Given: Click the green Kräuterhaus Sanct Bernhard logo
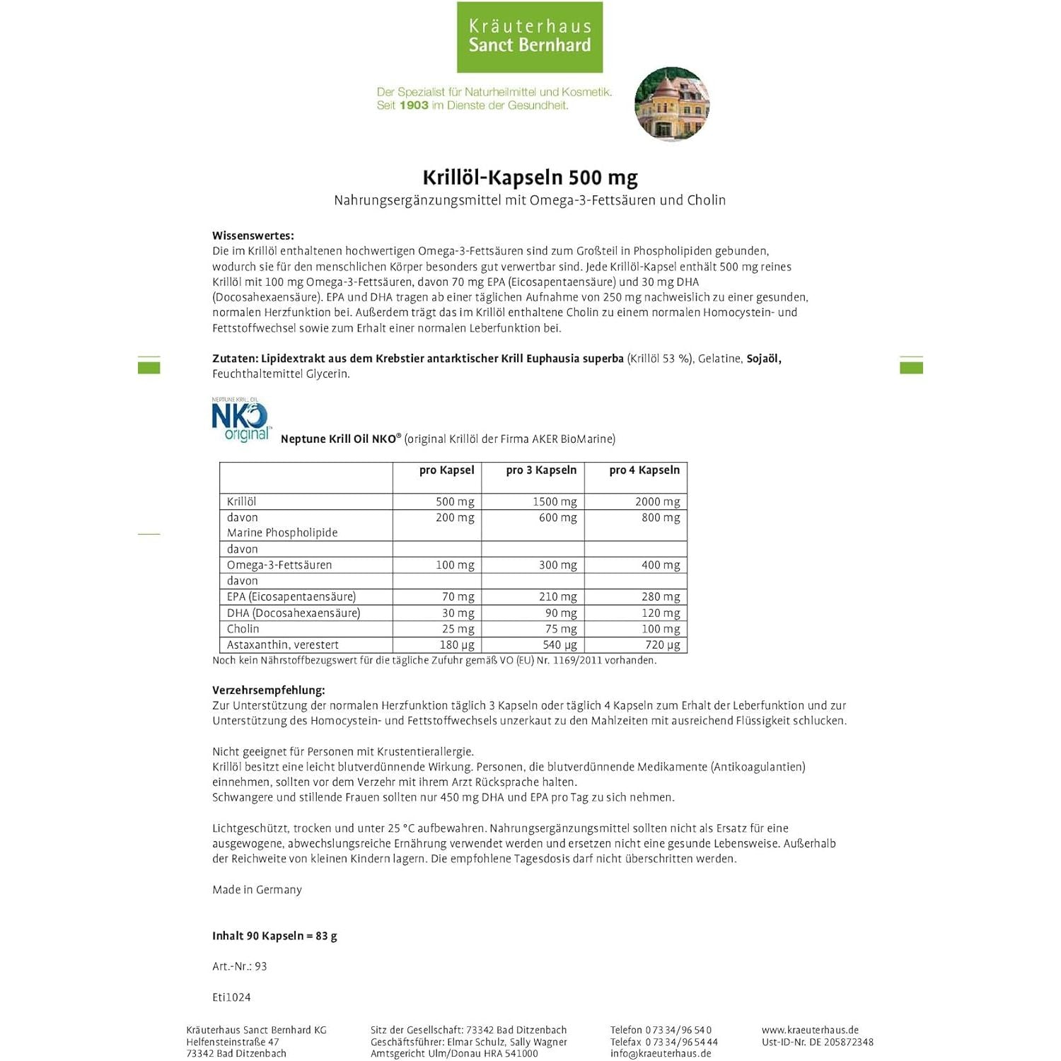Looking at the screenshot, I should pyautogui.click(x=530, y=37).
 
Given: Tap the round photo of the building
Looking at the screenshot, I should pyautogui.click(x=672, y=105).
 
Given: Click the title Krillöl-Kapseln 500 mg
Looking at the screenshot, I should pyautogui.click(x=530, y=177).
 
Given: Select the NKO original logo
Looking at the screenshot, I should pyautogui.click(x=240, y=419).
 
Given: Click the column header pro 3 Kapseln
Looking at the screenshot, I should pyautogui.click(x=541, y=470).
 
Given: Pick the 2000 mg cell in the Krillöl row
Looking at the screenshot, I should pyautogui.click(x=657, y=501).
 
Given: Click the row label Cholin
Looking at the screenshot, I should pyautogui.click(x=243, y=629).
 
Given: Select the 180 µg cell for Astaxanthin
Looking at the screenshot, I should pyautogui.click(x=456, y=645).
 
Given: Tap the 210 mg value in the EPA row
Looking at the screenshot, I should pyautogui.click(x=557, y=597).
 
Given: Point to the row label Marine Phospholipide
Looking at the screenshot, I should pyautogui.click(x=282, y=533).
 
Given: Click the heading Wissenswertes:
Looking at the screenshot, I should pyautogui.click(x=253, y=236).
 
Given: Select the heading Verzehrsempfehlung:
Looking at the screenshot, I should pyautogui.click(x=268, y=690).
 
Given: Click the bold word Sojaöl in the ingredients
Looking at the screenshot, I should pyautogui.click(x=763, y=359).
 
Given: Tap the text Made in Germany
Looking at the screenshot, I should pyautogui.click(x=257, y=890).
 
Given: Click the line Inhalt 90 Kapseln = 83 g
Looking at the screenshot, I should pyautogui.click(x=274, y=936).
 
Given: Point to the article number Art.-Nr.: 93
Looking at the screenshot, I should pyautogui.click(x=239, y=966).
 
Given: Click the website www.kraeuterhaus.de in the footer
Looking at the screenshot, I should pyautogui.click(x=810, y=1030).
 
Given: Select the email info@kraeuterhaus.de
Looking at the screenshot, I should pyautogui.click(x=661, y=1053).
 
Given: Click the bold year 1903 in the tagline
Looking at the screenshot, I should pyautogui.click(x=414, y=105).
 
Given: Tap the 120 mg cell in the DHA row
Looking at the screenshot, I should pyautogui.click(x=661, y=613).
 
